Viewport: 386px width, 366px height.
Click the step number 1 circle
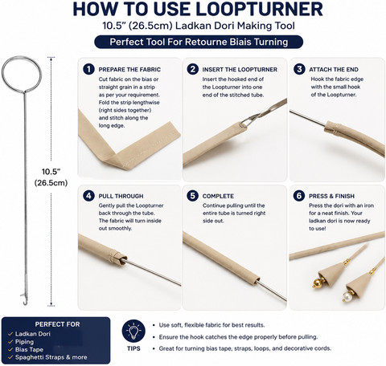pos(88,69)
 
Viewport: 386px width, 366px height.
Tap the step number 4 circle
pos(88,196)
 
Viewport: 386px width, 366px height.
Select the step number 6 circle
pos(299,196)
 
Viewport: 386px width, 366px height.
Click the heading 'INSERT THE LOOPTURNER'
pos(240,70)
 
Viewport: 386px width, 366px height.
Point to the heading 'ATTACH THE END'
pos(334,70)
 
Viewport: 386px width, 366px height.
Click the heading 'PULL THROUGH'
pos(121,196)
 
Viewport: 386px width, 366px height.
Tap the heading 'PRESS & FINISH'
pos(331,196)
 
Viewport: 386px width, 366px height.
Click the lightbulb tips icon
pos(133,331)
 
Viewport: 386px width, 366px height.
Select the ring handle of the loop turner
pos(22,56)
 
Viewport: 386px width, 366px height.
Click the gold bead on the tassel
pos(318,283)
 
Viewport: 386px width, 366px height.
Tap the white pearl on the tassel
pos(347,296)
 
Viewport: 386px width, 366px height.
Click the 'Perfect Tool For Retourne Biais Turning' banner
pos(199,42)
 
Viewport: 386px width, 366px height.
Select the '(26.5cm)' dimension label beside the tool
pos(51,183)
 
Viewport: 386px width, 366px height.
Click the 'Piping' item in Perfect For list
pos(24,342)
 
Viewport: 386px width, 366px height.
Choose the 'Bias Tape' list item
pos(29,349)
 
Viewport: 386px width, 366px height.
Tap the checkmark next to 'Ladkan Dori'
pos(10,334)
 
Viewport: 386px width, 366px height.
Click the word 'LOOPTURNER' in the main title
pos(260,9)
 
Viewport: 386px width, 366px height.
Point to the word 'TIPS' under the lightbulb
pos(133,348)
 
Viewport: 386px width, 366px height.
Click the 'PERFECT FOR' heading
pos(57,324)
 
